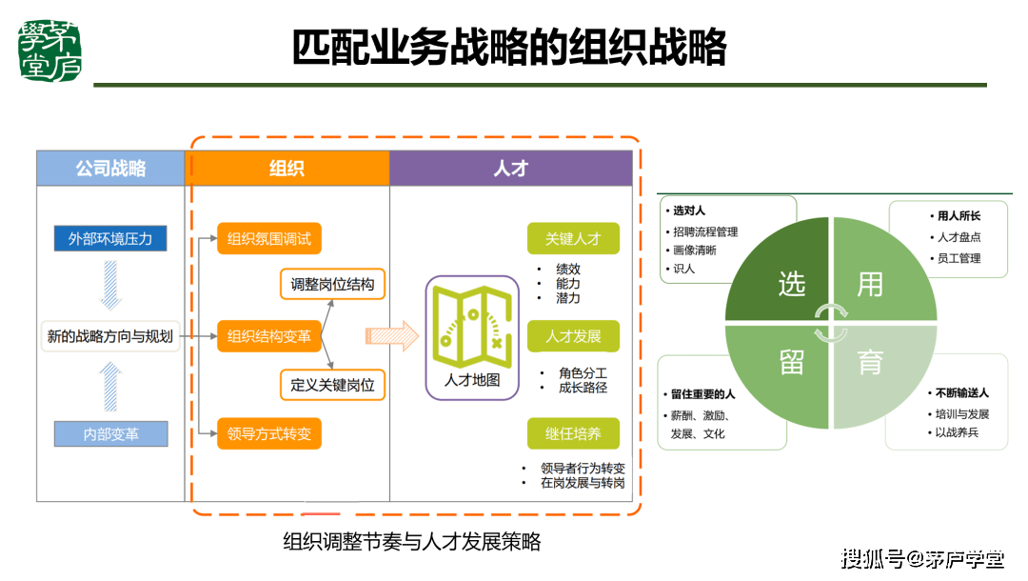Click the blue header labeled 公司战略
(x=110, y=169)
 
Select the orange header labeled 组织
(x=287, y=169)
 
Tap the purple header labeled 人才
(x=510, y=169)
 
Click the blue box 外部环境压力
(x=110, y=238)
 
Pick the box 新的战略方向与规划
(x=110, y=335)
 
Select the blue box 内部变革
(x=110, y=433)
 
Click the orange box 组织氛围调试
(x=269, y=238)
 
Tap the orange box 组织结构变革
(x=269, y=335)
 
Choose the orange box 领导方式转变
(x=269, y=433)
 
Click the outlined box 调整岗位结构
(x=332, y=284)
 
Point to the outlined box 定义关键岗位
(x=332, y=385)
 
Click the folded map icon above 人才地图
(x=471, y=325)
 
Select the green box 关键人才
(x=573, y=238)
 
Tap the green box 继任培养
(x=573, y=433)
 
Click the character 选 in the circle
(x=792, y=284)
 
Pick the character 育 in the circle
(x=869, y=363)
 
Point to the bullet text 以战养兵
(x=956, y=432)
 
